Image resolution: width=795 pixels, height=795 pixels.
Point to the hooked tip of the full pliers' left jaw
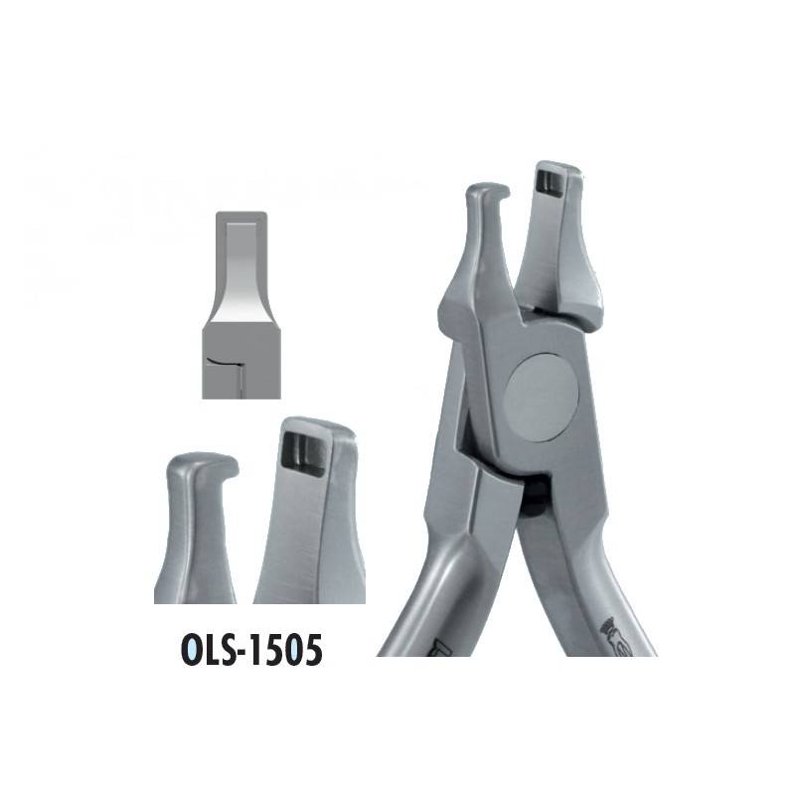coord(496,192)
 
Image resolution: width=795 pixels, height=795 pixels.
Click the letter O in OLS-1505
coord(192,651)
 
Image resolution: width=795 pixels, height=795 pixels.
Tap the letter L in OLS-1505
coord(214,651)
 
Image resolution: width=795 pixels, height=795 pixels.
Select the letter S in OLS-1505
coord(233,651)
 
